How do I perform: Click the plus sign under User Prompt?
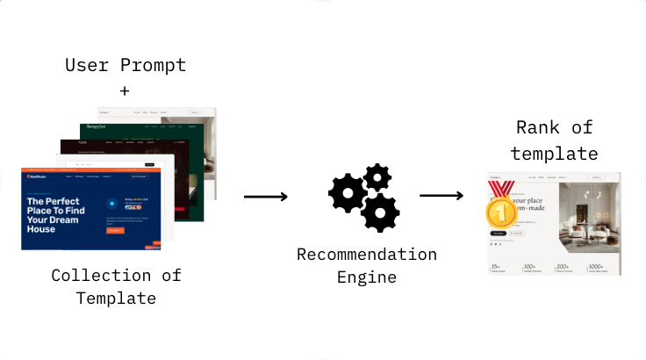(123, 90)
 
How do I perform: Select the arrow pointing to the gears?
(265, 197)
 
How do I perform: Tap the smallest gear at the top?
(377, 178)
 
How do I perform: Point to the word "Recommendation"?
(366, 255)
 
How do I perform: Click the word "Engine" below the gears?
(366, 277)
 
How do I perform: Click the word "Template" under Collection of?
(116, 298)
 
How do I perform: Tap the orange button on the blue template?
(114, 230)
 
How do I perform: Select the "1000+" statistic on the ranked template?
(597, 266)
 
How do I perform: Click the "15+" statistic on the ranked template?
(497, 266)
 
